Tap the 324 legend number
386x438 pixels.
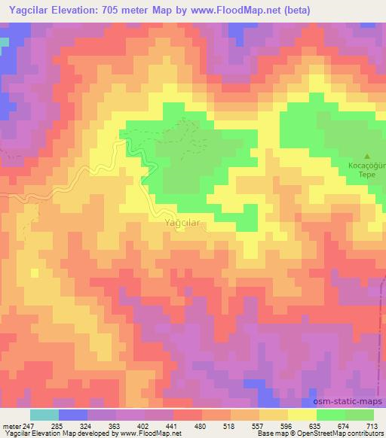(86, 425)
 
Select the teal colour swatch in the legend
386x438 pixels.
(44, 415)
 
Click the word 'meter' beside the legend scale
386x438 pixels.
(11, 425)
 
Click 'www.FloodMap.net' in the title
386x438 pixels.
(231, 8)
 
